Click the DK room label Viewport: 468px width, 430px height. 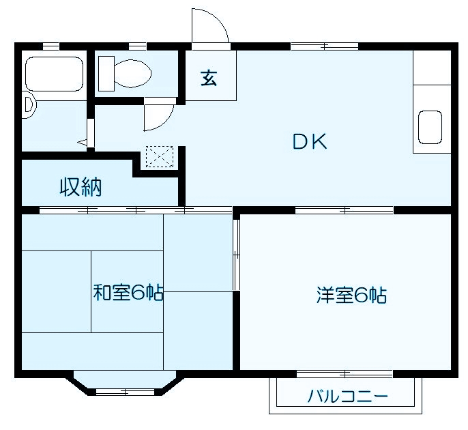click(310, 141)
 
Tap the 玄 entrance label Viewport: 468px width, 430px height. click(209, 78)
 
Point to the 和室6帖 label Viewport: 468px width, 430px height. click(128, 293)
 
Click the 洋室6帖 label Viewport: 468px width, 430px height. click(351, 295)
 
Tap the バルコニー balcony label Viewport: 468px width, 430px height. click(347, 396)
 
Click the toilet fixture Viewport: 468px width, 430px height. click(124, 72)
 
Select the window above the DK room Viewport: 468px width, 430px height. click(324, 46)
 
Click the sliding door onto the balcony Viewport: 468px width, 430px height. click(345, 373)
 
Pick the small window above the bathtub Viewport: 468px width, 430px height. click(50, 46)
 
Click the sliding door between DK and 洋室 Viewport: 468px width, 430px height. click(345, 210)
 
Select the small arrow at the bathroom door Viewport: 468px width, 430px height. click(83, 142)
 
